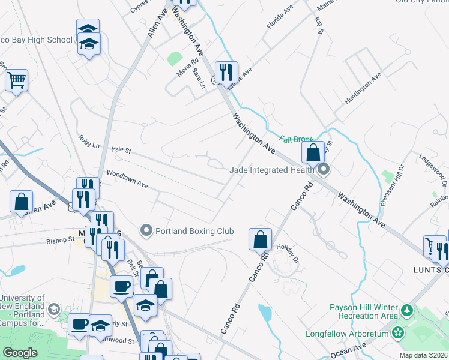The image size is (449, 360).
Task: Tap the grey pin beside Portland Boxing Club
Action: point(145,230)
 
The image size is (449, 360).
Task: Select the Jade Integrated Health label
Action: point(272,170)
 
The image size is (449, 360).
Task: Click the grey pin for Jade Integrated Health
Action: point(324,170)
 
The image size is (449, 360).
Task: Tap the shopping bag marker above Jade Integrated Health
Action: point(313,153)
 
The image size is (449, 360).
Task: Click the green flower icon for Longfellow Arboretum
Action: point(397,332)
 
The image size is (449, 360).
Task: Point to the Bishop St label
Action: point(60,240)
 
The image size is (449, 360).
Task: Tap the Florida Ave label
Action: point(279,21)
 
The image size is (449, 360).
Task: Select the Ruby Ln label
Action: point(89,142)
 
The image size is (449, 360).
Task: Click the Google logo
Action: point(20,353)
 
